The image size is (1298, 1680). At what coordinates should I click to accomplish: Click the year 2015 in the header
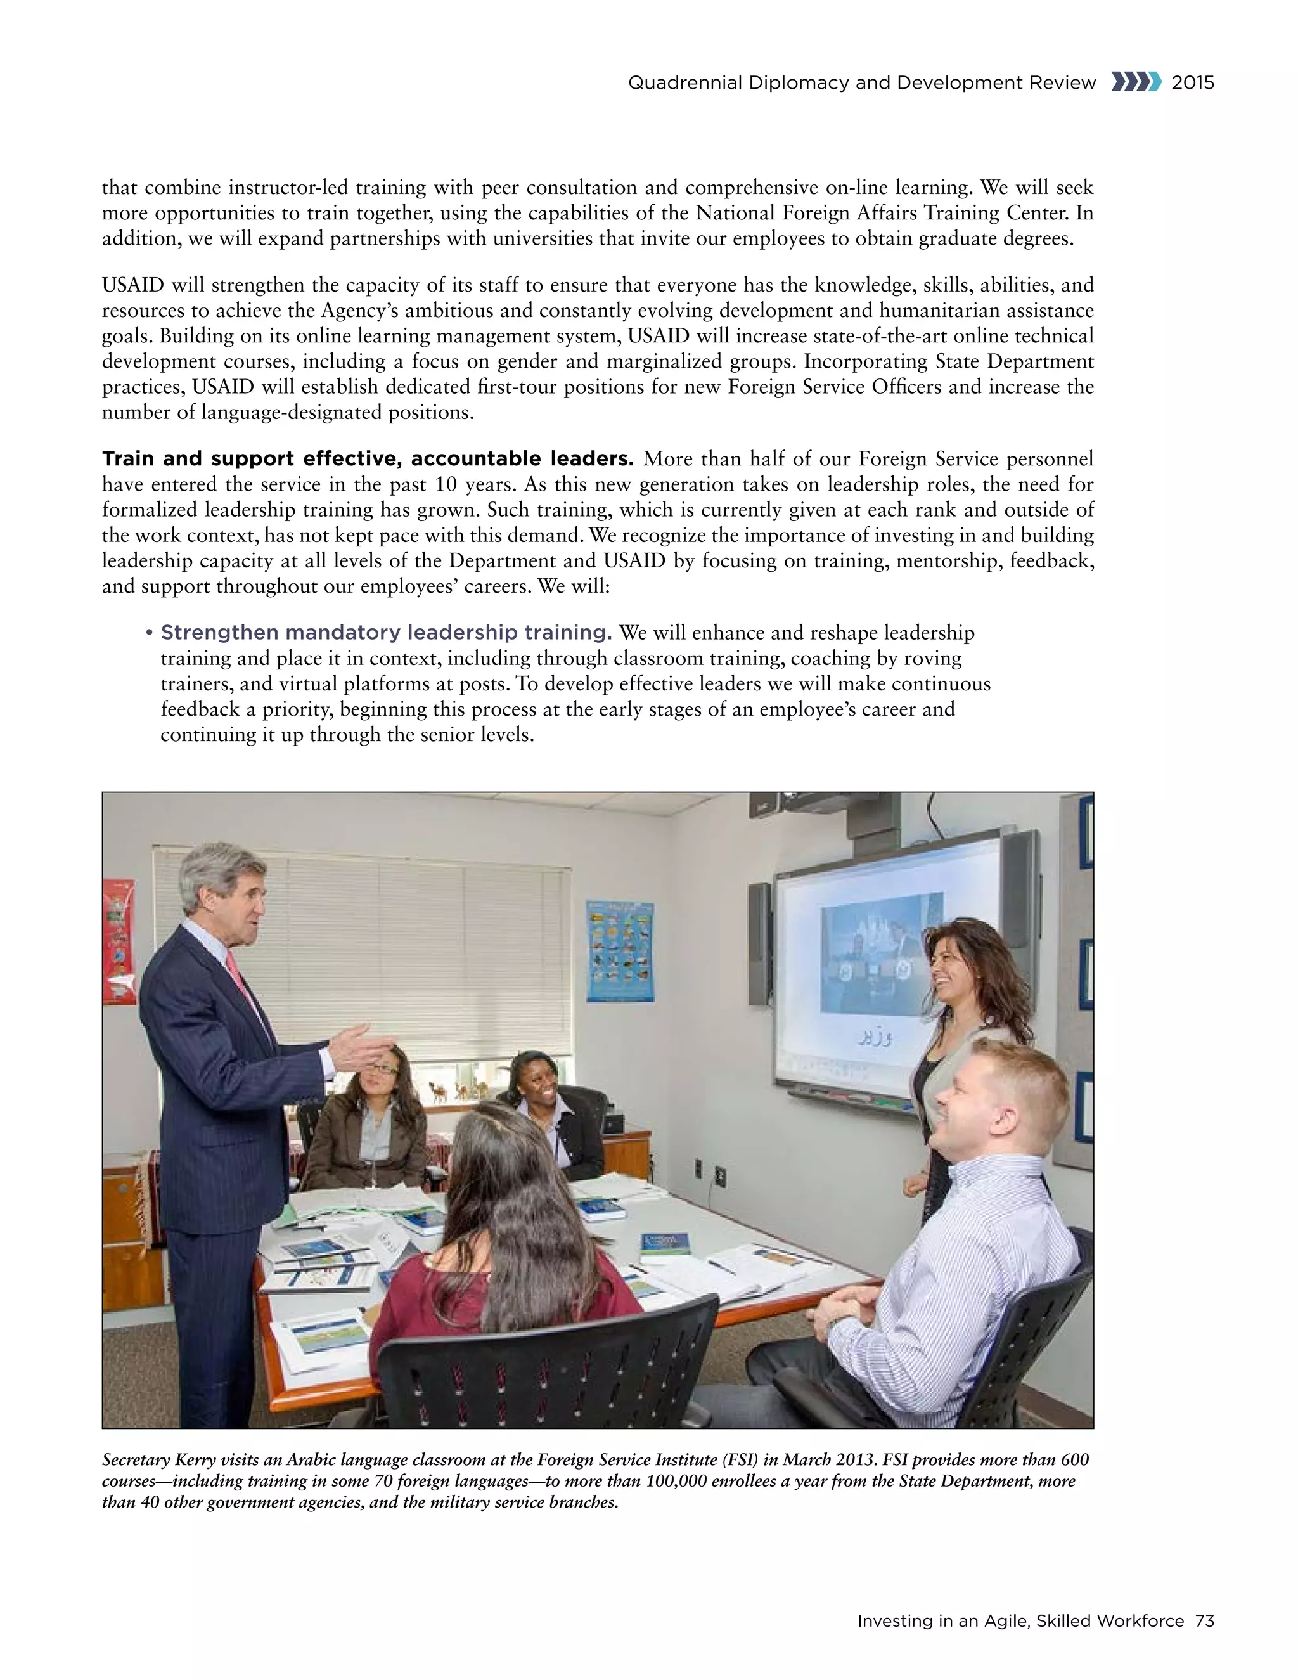pos(1193,83)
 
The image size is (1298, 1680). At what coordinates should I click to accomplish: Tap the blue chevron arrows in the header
pos(1135,82)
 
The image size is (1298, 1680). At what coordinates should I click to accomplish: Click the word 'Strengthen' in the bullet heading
pos(219,633)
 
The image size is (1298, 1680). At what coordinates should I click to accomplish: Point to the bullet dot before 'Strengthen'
pos(148,633)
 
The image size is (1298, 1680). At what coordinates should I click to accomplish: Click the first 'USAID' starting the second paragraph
pos(132,285)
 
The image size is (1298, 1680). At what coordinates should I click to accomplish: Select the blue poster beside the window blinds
pos(620,951)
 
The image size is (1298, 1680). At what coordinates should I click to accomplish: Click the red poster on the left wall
pos(119,942)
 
